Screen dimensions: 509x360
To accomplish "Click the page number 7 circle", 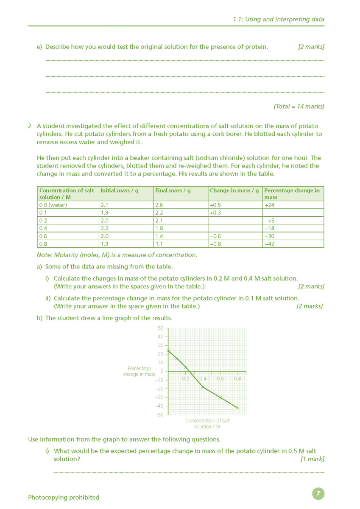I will [318, 493].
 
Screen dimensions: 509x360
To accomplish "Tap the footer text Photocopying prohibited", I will [64, 497].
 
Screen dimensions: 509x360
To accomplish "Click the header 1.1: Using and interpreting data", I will [278, 19].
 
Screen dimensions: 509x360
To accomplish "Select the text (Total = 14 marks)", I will [299, 106].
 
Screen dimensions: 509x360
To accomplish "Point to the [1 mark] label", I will [312, 459].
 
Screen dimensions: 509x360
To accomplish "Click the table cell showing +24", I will [269, 205].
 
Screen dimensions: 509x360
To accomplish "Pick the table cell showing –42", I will [269, 244].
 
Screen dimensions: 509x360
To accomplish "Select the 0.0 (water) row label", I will [53, 205].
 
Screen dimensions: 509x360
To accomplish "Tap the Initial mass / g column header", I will [120, 191].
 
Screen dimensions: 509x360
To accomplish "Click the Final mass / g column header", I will [173, 191].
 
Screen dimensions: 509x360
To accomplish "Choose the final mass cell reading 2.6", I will [159, 205].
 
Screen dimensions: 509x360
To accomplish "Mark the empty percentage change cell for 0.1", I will [293, 213].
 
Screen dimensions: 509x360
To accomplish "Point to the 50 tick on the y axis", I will [160, 328].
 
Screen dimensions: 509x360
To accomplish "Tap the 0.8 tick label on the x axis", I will [237, 379].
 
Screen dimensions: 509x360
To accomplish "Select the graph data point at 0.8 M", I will [237, 408].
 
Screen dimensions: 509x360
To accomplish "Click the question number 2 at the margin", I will [30, 126].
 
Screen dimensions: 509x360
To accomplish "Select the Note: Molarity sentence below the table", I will [117, 255].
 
